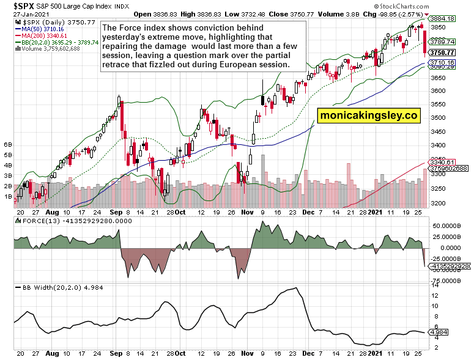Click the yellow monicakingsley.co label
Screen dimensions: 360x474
click(368, 114)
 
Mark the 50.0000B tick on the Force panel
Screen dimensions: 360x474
click(455, 226)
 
